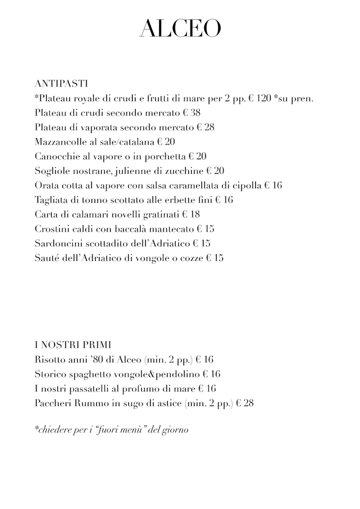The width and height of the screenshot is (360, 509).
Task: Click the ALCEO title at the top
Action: pos(180,29)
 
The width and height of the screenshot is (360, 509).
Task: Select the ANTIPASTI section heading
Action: pos(61,83)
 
